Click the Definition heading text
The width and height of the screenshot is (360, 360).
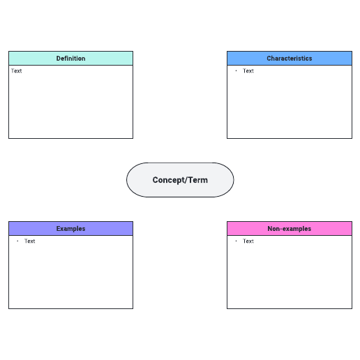pos(70,59)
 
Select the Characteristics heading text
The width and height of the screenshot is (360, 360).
pos(290,59)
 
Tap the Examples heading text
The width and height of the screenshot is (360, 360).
pos(70,229)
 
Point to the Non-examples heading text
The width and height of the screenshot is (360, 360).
pos(290,229)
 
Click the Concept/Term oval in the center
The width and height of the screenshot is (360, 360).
pos(180,180)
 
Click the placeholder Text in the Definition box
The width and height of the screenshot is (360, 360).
pos(16,70)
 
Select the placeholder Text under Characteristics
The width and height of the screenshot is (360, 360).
pos(248,70)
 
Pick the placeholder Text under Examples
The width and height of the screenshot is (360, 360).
pos(30,241)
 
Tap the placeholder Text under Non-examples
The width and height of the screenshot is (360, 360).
pos(248,241)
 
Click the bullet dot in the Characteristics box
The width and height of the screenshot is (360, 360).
pos(236,70)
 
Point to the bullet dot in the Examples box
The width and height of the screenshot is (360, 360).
pos(17,241)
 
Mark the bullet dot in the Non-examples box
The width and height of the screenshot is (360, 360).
pos(236,241)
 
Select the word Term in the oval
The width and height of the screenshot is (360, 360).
pos(198,180)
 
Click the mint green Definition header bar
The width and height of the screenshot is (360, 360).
pos(70,59)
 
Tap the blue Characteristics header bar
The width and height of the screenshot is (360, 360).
pos(290,59)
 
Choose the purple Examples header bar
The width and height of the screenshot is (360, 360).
pos(70,229)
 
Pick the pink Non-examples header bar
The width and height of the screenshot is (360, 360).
pos(290,229)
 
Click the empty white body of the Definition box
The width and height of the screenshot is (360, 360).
pos(70,105)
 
